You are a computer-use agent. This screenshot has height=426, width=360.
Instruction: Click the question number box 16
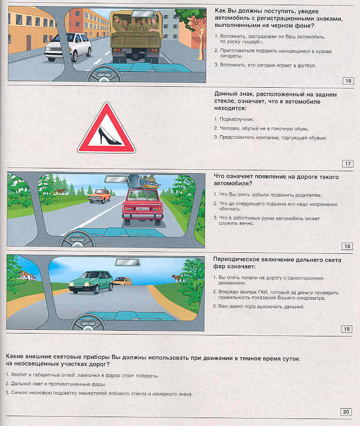pyautogui.click(x=348, y=81)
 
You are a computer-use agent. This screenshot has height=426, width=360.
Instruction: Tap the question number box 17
pyautogui.click(x=348, y=164)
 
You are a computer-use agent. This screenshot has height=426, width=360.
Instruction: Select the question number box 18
pyautogui.click(x=347, y=246)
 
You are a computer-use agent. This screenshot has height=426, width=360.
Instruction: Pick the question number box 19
pyautogui.click(x=347, y=329)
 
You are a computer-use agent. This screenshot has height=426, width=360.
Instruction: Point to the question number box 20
pyautogui.click(x=346, y=412)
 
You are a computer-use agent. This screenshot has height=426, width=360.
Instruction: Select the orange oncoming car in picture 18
pyautogui.click(x=99, y=195)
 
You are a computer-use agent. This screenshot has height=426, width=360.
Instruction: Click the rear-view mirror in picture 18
pyautogui.click(x=117, y=178)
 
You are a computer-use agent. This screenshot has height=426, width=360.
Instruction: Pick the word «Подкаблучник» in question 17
pyautogui.click(x=233, y=119)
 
